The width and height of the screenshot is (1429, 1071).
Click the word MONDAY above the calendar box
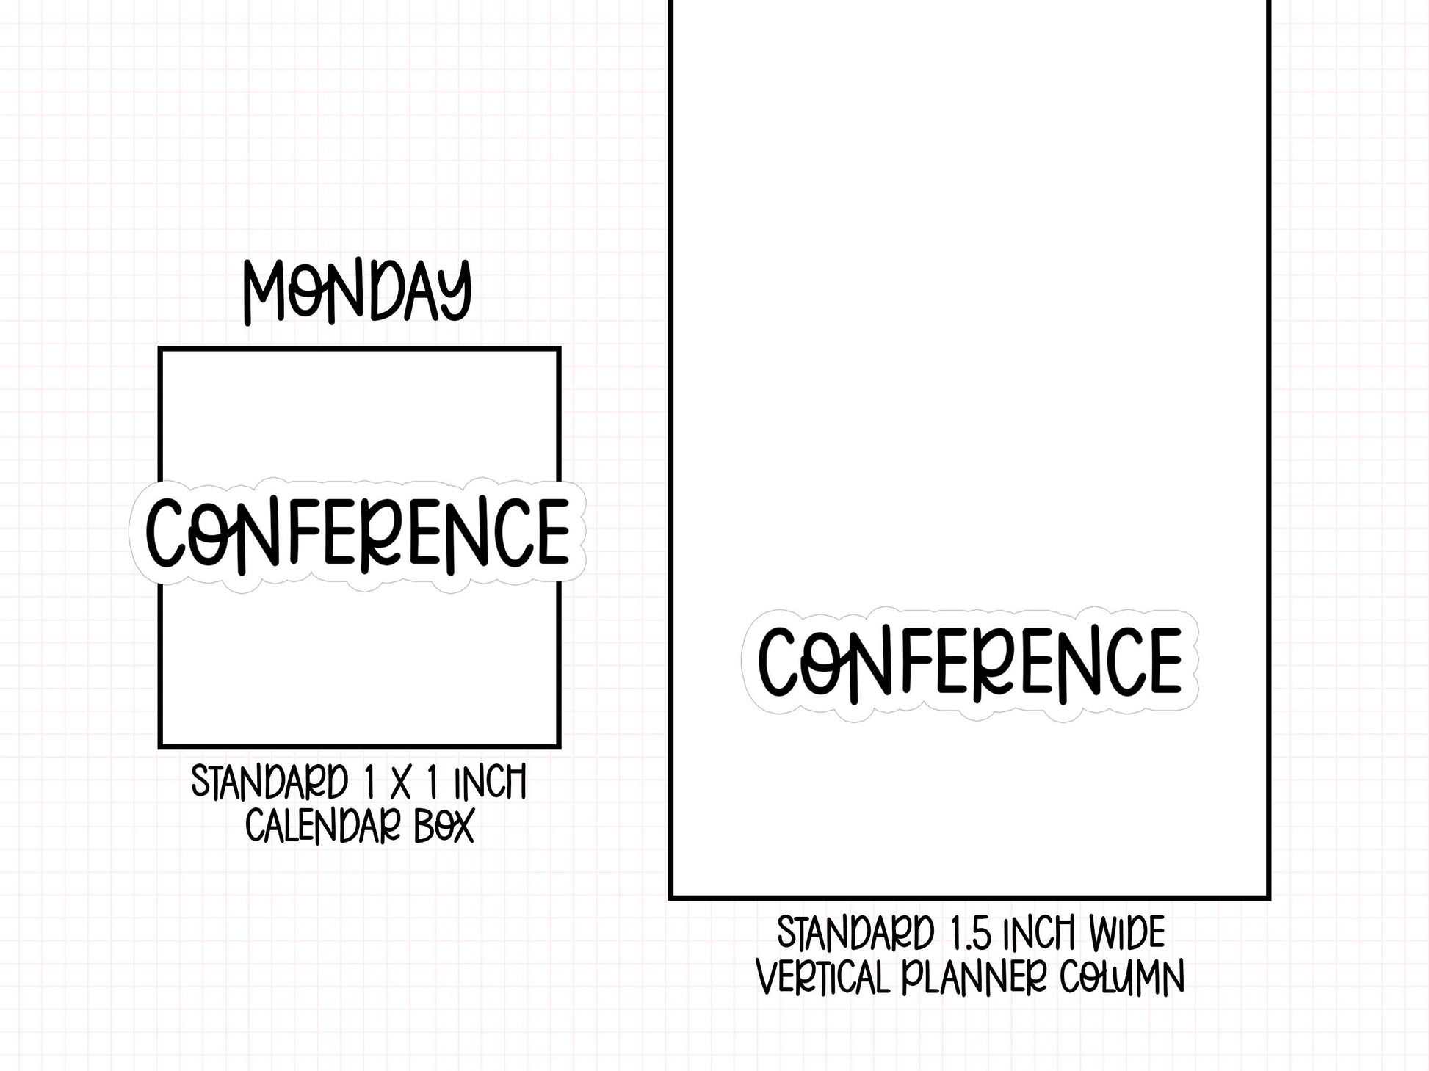click(x=357, y=291)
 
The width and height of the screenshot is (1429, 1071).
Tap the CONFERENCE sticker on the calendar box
click(x=358, y=535)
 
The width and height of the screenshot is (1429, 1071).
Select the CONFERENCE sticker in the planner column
click(x=970, y=664)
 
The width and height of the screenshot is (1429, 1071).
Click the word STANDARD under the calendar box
click(x=269, y=783)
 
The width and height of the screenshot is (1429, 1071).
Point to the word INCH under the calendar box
click(x=490, y=783)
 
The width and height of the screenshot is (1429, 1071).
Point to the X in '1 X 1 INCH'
click(x=400, y=783)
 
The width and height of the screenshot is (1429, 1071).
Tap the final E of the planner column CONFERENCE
click(x=1164, y=661)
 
